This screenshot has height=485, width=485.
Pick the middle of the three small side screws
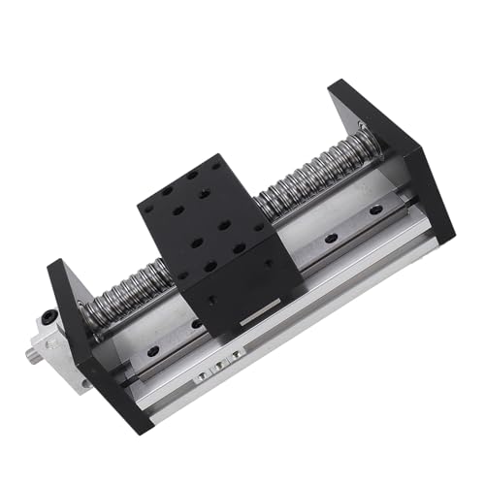[x=217, y=369]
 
